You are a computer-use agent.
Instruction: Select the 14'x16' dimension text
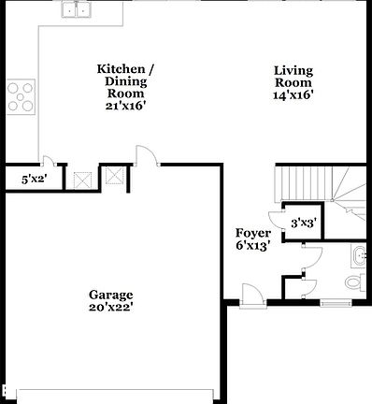(x=293, y=95)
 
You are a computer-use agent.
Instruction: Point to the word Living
(x=293, y=70)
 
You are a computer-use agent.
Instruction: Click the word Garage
(x=111, y=293)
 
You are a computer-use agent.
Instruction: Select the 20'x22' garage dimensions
(x=111, y=307)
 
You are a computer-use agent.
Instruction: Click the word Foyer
(x=253, y=232)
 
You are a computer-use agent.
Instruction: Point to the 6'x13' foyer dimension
(x=253, y=246)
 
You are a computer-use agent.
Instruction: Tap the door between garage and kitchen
(x=145, y=155)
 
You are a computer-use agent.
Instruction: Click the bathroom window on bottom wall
(x=335, y=304)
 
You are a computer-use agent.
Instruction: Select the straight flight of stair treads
(x=307, y=180)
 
